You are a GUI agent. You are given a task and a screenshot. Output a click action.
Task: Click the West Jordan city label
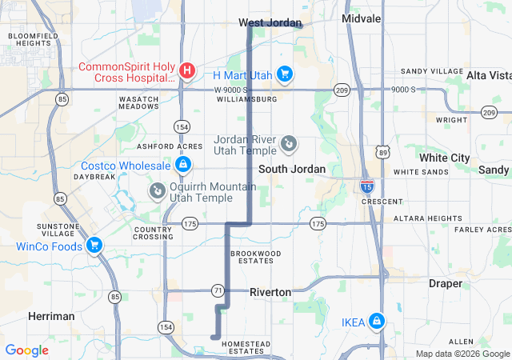pyautogui.click(x=270, y=22)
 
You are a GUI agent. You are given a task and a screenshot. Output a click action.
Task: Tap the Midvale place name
pyautogui.click(x=361, y=18)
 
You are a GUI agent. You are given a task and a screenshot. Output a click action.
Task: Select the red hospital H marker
pyautogui.click(x=187, y=71)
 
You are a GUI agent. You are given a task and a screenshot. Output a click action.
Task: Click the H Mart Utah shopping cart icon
pyautogui.click(x=284, y=74)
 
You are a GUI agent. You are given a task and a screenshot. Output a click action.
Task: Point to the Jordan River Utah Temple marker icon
pyautogui.click(x=289, y=145)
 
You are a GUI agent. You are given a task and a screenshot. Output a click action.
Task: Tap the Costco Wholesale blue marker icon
pyautogui.click(x=183, y=165)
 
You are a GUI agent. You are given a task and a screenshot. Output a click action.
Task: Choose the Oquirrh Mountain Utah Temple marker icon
pyautogui.click(x=158, y=190)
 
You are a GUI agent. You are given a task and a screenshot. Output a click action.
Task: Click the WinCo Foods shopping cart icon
pyautogui.click(x=94, y=246)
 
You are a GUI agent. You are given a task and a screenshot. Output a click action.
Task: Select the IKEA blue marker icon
pyautogui.click(x=377, y=322)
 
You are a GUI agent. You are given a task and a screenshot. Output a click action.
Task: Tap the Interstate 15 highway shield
pyautogui.click(x=366, y=187)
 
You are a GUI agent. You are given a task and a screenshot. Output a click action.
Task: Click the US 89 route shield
pyautogui.click(x=382, y=150)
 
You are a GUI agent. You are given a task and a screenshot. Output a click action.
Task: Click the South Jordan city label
pyautogui.click(x=292, y=169)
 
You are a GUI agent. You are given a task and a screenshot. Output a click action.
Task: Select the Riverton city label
pyautogui.click(x=270, y=292)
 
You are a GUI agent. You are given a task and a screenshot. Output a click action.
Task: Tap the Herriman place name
pyautogui.click(x=51, y=316)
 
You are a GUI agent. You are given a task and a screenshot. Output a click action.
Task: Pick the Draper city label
pyautogui.click(x=445, y=283)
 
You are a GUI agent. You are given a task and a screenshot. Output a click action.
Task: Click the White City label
pyautogui.click(x=450, y=158)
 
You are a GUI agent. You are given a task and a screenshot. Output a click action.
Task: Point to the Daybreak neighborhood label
pyautogui.click(x=95, y=176)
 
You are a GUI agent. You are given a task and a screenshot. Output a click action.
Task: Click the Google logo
pyautogui.click(x=26, y=350)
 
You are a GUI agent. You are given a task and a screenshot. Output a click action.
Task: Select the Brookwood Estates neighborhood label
pyautogui.click(x=256, y=257)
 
